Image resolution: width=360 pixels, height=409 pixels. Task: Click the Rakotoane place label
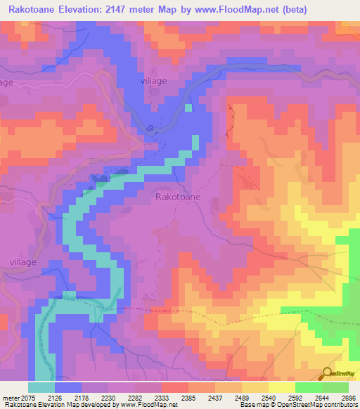(x=178, y=197)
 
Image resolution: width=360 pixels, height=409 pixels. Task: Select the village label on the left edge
(x=6, y=82)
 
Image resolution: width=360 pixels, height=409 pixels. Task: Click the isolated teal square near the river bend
(x=188, y=108)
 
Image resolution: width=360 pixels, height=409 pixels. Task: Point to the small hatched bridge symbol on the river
(x=151, y=128)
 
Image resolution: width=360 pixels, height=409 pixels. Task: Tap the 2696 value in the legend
(x=349, y=397)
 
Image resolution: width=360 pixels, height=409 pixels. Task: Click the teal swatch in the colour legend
(x=41, y=387)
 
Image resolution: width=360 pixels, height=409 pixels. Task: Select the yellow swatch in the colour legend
(x=282, y=387)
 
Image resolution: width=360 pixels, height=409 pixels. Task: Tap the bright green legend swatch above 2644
(x=309, y=387)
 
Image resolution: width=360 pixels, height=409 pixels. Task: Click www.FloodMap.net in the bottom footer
(x=148, y=405)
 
